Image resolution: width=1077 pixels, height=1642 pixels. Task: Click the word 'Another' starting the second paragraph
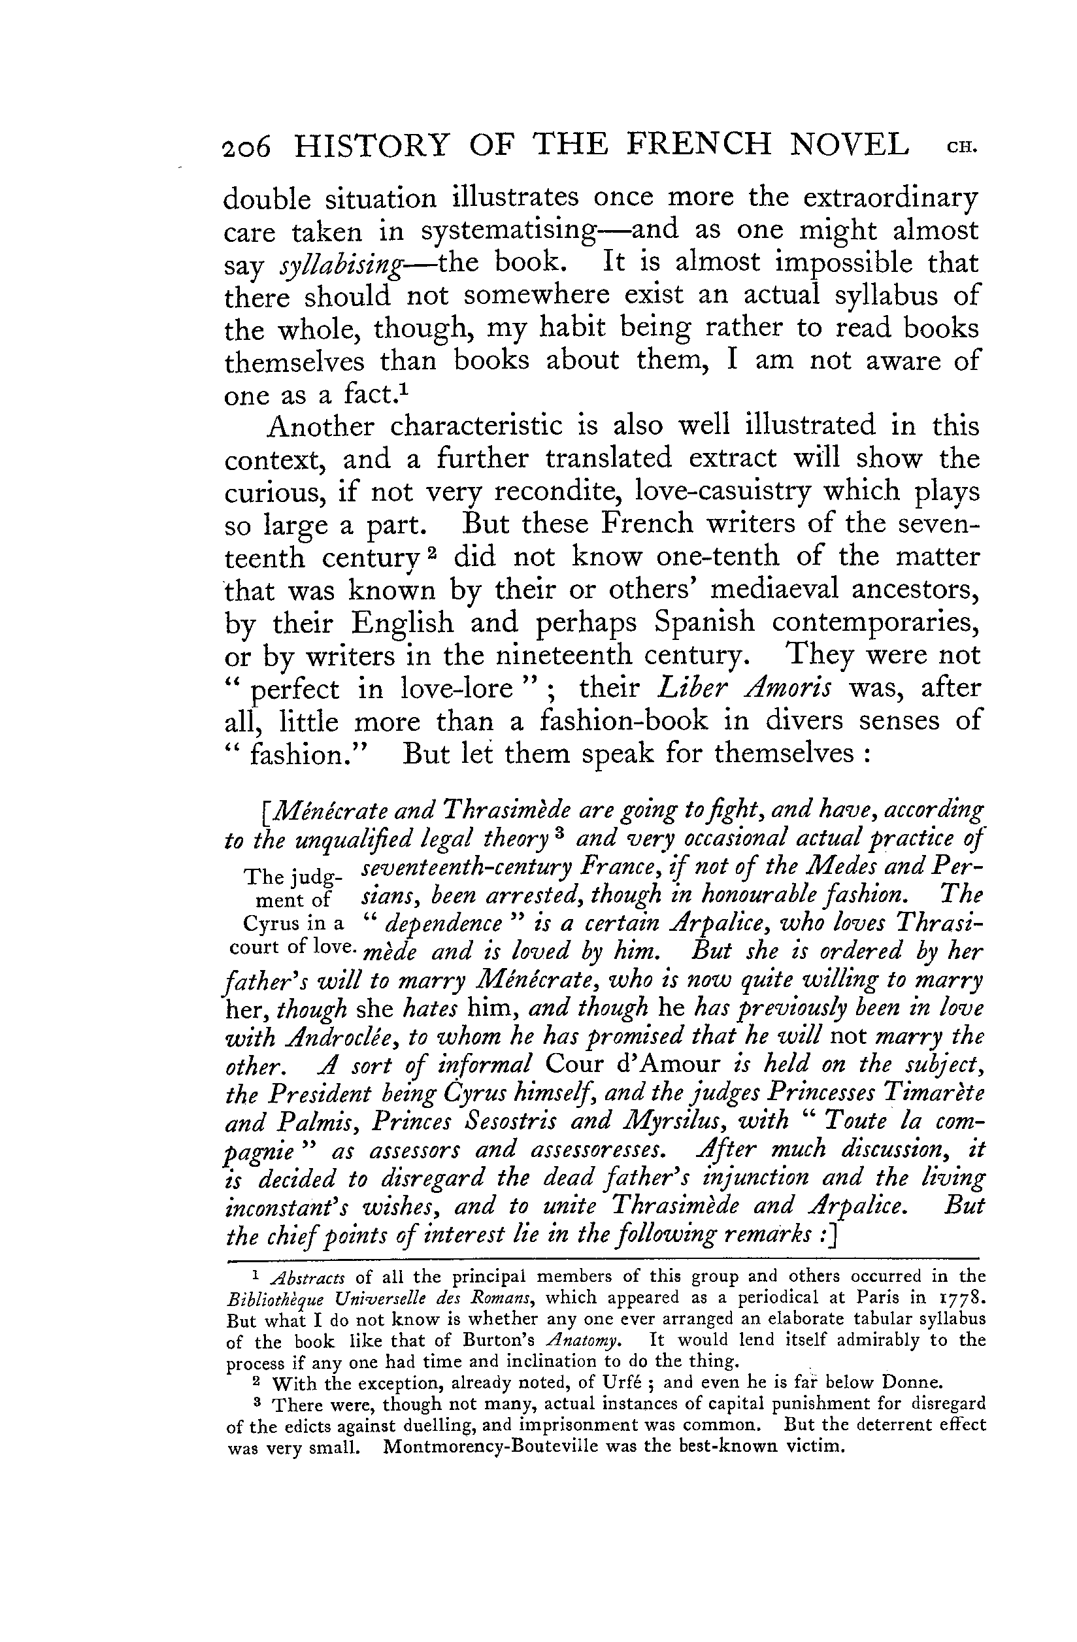[320, 426]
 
